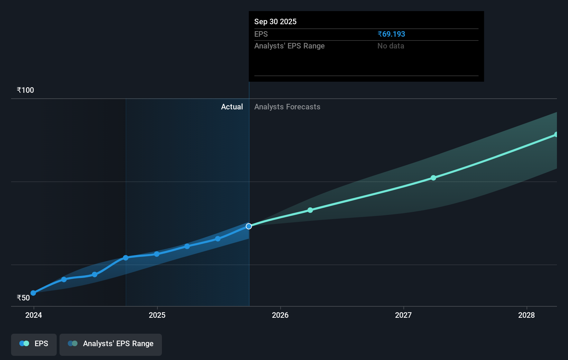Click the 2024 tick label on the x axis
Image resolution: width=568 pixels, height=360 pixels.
point(34,315)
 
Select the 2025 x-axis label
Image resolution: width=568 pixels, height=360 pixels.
point(157,315)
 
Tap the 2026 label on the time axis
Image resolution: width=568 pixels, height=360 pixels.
point(280,315)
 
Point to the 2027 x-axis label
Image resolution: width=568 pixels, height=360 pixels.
point(403,315)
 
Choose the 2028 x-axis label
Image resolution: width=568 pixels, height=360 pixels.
point(526,315)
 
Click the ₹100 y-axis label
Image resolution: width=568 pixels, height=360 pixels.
point(26,90)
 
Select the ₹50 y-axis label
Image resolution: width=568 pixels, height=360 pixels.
point(24,298)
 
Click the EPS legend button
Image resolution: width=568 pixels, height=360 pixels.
point(34,344)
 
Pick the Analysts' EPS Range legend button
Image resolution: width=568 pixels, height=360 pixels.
point(111,344)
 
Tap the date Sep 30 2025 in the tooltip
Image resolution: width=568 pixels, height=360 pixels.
point(275,21)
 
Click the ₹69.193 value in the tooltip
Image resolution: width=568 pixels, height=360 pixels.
point(391,34)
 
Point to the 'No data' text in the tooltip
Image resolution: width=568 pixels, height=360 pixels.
point(391,46)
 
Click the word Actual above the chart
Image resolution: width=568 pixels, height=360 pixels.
point(232,107)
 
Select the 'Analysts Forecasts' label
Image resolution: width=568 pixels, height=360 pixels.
point(287,107)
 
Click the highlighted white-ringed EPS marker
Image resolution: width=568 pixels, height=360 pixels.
point(249,226)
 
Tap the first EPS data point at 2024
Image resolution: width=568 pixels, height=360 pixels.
point(33,293)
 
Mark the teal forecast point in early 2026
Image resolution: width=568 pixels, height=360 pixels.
point(310,210)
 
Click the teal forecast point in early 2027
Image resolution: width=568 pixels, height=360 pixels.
point(433,178)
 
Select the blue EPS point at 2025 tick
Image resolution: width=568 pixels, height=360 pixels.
point(157,254)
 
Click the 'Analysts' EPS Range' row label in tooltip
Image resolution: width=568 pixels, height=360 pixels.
point(290,46)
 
